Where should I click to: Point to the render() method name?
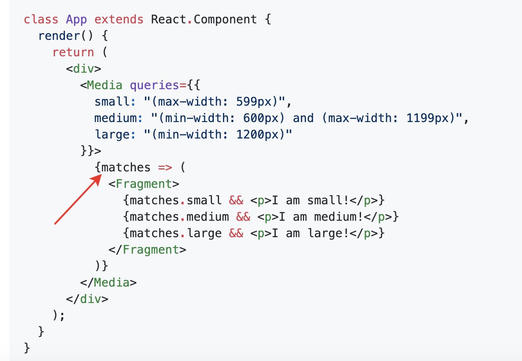pyautogui.click(x=52, y=36)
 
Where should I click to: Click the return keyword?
pyautogui.click(x=73, y=53)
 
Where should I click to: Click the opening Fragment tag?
pyautogui.click(x=144, y=184)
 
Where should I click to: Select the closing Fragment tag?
pyautogui.click(x=147, y=250)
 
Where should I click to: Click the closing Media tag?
pyautogui.click(x=108, y=283)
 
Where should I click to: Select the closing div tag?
pyautogui.click(x=87, y=299)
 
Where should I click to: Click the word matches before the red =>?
pyautogui.click(x=126, y=168)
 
